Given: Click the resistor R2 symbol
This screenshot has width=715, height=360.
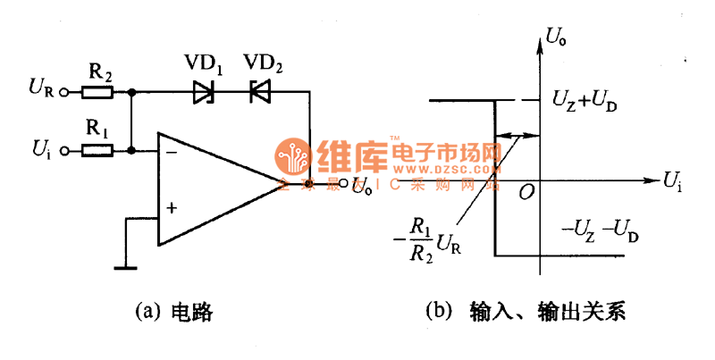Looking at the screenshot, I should pos(97,91).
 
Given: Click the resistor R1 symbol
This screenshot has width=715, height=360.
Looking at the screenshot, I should pos(97,152).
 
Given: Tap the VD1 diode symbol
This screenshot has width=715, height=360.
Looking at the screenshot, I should pos(205,91).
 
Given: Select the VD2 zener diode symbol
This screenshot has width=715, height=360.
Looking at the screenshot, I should pos(260,91).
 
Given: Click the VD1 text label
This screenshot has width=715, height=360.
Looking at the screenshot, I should pos(205,64).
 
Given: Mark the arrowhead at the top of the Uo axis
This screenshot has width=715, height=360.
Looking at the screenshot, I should pos(540,31).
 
